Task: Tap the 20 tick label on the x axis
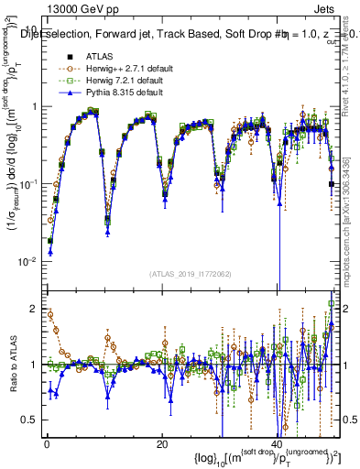pos(162,444)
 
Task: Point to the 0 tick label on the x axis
pos(47,444)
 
